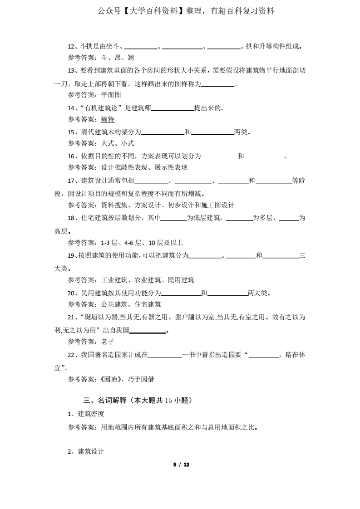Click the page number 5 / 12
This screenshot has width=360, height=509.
[181, 465]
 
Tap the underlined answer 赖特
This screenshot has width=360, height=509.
[108, 119]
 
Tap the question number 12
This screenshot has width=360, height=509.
[72, 46]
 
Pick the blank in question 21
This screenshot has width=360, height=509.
[148, 330]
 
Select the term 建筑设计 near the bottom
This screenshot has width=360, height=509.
[91, 451]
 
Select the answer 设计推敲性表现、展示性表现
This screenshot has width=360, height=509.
[144, 167]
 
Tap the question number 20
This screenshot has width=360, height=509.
[72, 293]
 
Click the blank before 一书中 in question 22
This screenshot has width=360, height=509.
[164, 355]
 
